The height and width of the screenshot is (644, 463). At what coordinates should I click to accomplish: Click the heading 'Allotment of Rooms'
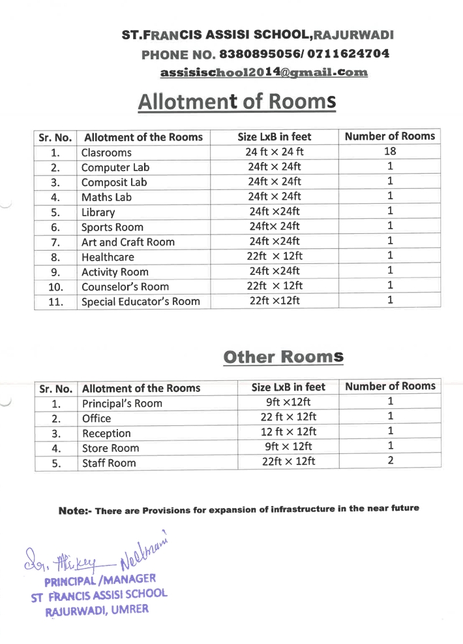pos(237,103)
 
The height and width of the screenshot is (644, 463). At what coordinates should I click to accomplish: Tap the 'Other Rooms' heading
pos(282,357)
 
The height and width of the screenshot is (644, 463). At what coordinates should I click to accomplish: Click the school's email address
pos(264,72)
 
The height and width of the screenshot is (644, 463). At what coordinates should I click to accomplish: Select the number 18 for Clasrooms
pos(390,152)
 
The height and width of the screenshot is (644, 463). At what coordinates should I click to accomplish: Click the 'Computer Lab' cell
pos(115,167)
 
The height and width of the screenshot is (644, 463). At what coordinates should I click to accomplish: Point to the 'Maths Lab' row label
pos(106,197)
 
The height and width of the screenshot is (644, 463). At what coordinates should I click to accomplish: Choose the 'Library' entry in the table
pos(98,212)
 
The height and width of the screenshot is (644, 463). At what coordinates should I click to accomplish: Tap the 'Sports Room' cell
pos(112,227)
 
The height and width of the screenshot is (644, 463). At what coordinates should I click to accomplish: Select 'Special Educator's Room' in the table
pos(140,302)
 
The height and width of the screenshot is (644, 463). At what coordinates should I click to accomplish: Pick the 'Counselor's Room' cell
pos(125,287)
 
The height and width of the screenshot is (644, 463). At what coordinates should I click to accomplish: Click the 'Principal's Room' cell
pos(122,404)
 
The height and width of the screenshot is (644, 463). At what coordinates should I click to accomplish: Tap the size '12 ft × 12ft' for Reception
pos(288,432)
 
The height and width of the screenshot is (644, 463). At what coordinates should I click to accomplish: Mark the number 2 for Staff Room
pos(391,461)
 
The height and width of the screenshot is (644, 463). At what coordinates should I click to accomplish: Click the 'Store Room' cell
pos(110,449)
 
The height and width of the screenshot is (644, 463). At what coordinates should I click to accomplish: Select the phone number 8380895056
pos(258,54)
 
